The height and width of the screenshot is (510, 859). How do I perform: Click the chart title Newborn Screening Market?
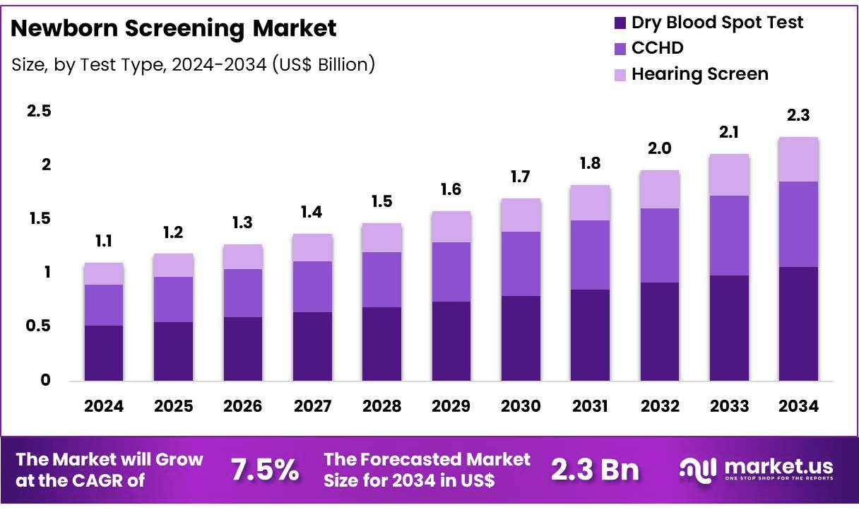174,29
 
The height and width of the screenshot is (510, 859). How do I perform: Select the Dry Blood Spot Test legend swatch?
620,23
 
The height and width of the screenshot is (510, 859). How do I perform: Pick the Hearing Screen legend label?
699,73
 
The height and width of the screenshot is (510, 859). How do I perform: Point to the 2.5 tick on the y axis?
39,112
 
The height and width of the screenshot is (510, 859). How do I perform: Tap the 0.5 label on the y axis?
39,326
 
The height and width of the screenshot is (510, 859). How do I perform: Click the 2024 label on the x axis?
103,406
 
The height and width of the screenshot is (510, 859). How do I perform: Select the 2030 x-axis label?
521,406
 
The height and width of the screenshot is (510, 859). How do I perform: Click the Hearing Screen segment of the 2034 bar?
798,160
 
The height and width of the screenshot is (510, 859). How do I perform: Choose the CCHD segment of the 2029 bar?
451,272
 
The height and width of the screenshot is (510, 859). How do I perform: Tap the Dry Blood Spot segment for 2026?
242,349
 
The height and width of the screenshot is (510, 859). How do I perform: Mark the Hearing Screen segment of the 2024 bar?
103,274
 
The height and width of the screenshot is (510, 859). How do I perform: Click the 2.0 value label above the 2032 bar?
659,149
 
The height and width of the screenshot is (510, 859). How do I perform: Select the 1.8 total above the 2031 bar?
590,164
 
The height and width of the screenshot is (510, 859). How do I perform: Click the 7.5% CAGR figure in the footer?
265,470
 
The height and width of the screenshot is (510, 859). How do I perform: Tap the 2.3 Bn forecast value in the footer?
595,470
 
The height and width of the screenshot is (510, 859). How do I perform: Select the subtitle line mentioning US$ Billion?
193,64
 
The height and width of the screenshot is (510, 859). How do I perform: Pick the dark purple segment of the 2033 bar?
729,328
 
